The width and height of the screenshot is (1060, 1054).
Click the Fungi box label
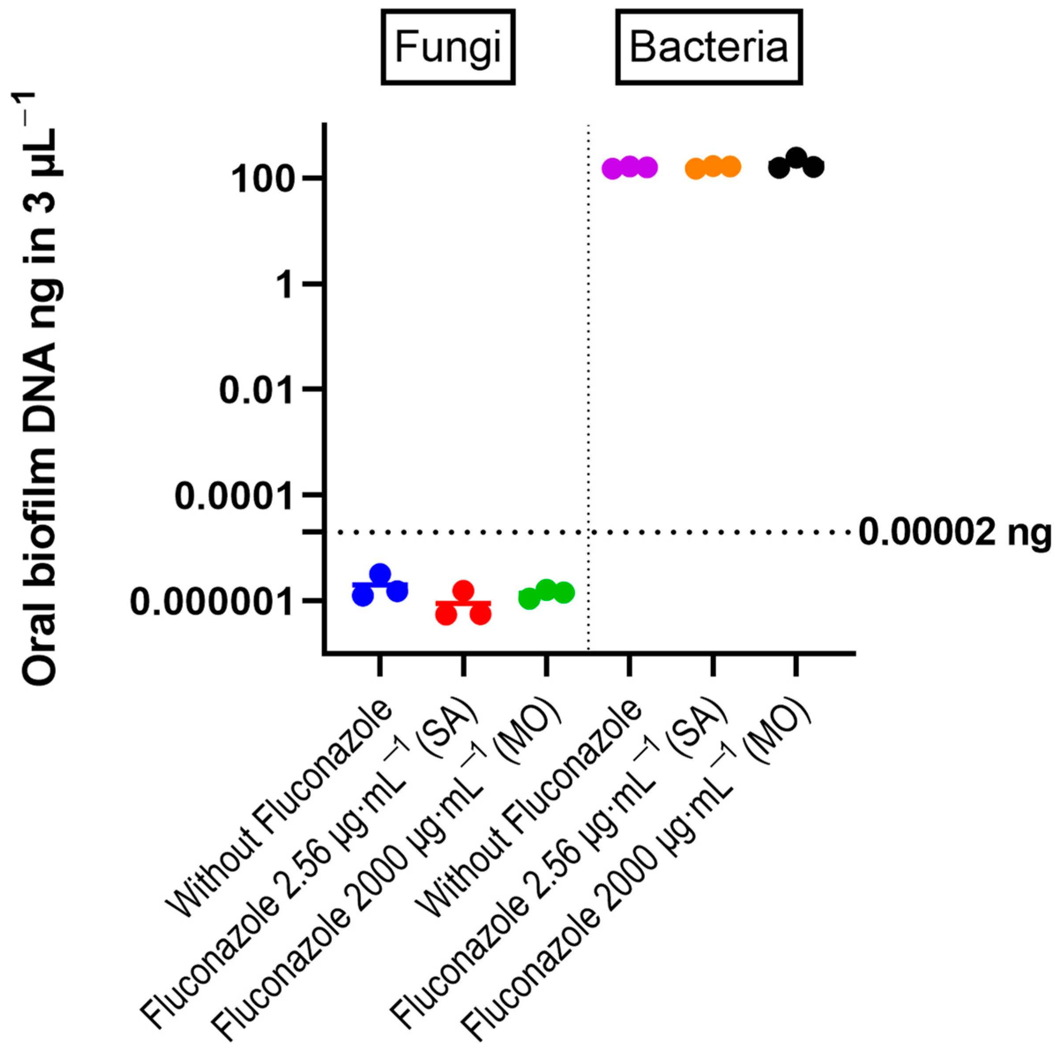[448, 48]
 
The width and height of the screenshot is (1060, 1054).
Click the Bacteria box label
[708, 48]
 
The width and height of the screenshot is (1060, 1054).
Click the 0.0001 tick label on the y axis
[233, 496]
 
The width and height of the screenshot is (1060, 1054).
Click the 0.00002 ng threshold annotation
[955, 532]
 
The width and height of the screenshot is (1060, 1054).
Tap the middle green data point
[547, 589]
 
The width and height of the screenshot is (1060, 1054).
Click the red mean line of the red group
[464, 603]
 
